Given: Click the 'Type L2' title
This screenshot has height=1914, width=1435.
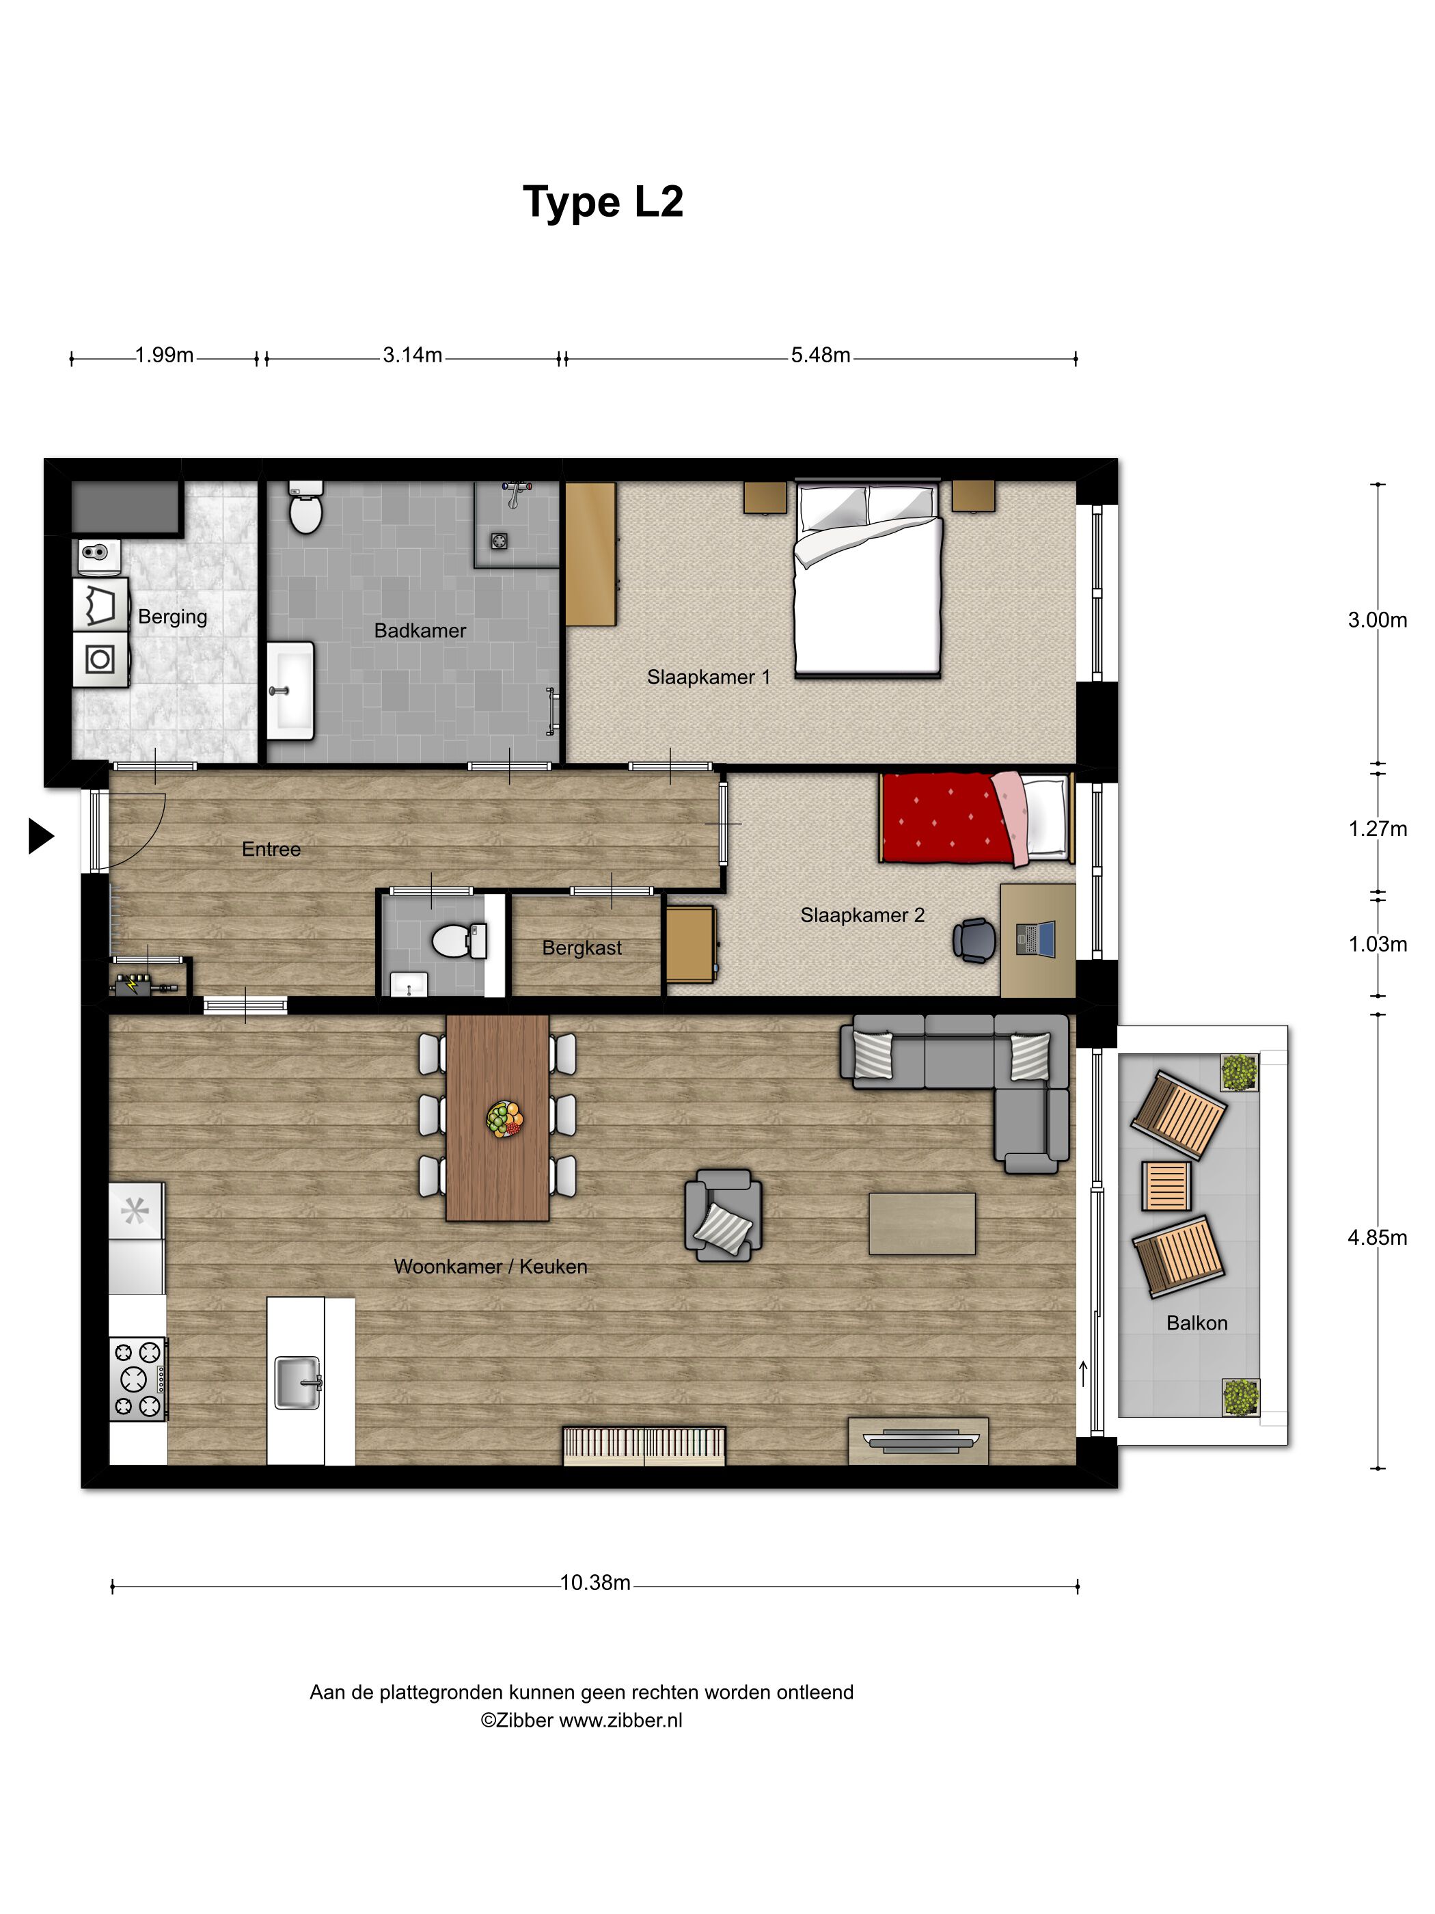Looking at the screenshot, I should point(603,202).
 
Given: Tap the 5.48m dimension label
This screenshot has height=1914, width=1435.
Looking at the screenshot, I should point(820,355).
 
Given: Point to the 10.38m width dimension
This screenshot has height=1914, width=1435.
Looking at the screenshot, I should point(595,1582).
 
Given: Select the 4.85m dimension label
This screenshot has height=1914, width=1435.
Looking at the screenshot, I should point(1376,1238).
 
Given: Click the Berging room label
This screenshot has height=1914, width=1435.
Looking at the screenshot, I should point(173,617).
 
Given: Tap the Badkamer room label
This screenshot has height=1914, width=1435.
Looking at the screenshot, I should point(420,631).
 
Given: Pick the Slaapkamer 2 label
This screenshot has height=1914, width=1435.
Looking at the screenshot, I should point(862,915).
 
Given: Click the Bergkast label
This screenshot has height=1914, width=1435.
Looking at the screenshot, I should point(582,948).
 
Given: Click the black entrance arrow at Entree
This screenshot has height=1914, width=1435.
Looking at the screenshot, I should point(40,836).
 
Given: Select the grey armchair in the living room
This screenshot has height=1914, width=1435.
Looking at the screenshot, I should point(723,1215).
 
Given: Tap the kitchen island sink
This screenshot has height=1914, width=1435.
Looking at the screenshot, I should point(297,1382).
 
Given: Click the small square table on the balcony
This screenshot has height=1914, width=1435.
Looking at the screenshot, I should point(1165,1185).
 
